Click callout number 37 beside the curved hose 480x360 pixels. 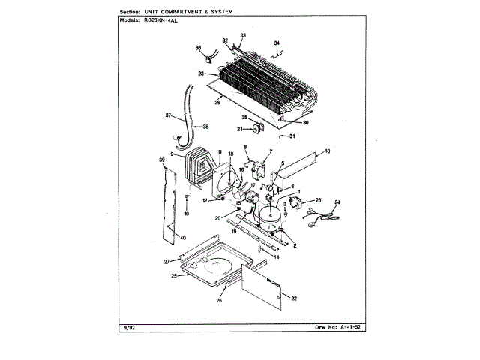coord(169,115)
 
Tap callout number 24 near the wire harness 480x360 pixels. coord(337,203)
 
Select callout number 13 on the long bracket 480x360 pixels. coord(327,152)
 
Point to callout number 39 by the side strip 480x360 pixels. coord(161,161)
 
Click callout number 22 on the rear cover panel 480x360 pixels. coord(294,298)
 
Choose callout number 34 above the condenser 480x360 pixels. coord(276,43)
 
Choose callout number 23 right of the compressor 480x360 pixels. coord(318,200)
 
